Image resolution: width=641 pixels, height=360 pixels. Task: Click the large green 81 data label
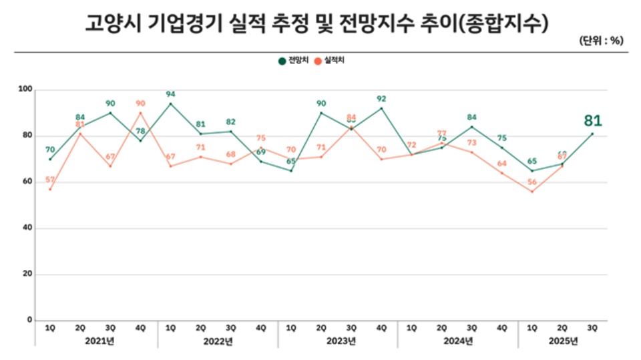tap(593, 121)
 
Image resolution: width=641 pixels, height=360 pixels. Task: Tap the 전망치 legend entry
tap(294, 61)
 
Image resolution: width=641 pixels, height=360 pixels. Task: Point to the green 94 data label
tap(170, 94)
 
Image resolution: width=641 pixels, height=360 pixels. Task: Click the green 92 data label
tap(381, 99)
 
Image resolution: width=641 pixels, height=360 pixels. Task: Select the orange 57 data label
tap(50, 180)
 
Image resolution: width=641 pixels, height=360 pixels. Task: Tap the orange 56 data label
tap(531, 182)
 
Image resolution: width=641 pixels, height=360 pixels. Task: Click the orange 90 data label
tap(140, 104)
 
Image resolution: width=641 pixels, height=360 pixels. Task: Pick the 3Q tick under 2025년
tap(592, 327)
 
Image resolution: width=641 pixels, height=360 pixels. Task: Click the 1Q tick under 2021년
tap(50, 327)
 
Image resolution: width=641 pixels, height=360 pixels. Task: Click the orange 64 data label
tap(501, 164)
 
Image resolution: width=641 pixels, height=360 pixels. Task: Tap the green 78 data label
tap(140, 132)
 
